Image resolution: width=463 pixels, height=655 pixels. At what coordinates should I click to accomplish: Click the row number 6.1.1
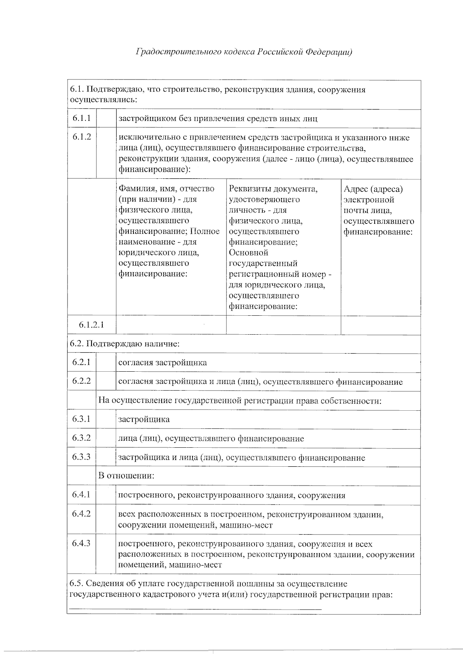[81, 118]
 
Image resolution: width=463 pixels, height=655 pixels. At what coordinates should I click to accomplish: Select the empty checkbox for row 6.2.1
[106, 363]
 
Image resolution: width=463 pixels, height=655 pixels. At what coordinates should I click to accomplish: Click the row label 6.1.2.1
[91, 325]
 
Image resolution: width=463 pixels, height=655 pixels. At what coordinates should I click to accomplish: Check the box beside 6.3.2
[106, 438]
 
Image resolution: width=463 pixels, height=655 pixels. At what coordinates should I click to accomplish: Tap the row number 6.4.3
[81, 543]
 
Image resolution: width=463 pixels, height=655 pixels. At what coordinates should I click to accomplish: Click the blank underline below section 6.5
[195, 609]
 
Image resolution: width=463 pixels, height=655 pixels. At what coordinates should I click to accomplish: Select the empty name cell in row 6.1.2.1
[171, 325]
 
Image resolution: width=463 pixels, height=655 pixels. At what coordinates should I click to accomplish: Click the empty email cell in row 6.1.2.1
[380, 325]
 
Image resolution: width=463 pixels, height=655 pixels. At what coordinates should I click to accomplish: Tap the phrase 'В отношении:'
[126, 476]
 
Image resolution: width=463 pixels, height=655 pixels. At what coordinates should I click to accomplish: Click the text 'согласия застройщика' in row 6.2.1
[162, 363]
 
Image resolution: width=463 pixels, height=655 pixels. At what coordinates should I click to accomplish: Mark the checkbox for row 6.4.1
[106, 495]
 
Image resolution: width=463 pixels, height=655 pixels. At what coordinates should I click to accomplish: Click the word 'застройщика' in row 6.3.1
[144, 420]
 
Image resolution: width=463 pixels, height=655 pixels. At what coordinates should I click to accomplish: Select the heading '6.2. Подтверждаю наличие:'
[125, 344]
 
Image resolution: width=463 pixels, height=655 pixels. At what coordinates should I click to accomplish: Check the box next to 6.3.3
[106, 457]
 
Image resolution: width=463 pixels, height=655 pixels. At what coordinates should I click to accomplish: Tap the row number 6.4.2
[81, 514]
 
